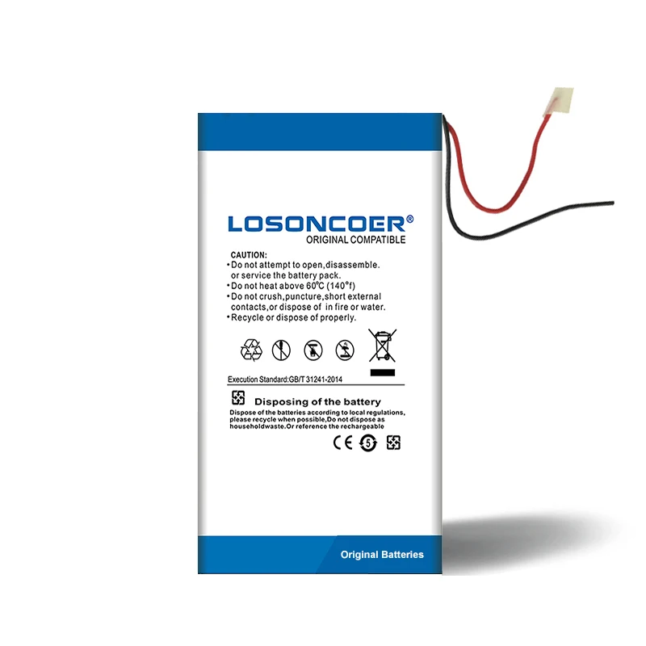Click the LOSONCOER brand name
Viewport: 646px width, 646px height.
point(315,223)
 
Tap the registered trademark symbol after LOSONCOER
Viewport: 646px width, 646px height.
point(409,219)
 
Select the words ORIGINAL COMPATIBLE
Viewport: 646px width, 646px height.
point(355,240)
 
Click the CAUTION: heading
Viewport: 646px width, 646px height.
point(248,254)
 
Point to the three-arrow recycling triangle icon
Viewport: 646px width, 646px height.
point(251,350)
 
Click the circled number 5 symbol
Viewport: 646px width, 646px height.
point(369,443)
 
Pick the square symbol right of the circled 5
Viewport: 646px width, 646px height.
point(393,443)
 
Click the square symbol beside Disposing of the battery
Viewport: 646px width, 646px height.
point(238,398)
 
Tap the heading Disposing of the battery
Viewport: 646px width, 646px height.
point(317,401)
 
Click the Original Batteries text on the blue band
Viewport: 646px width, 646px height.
point(382,555)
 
